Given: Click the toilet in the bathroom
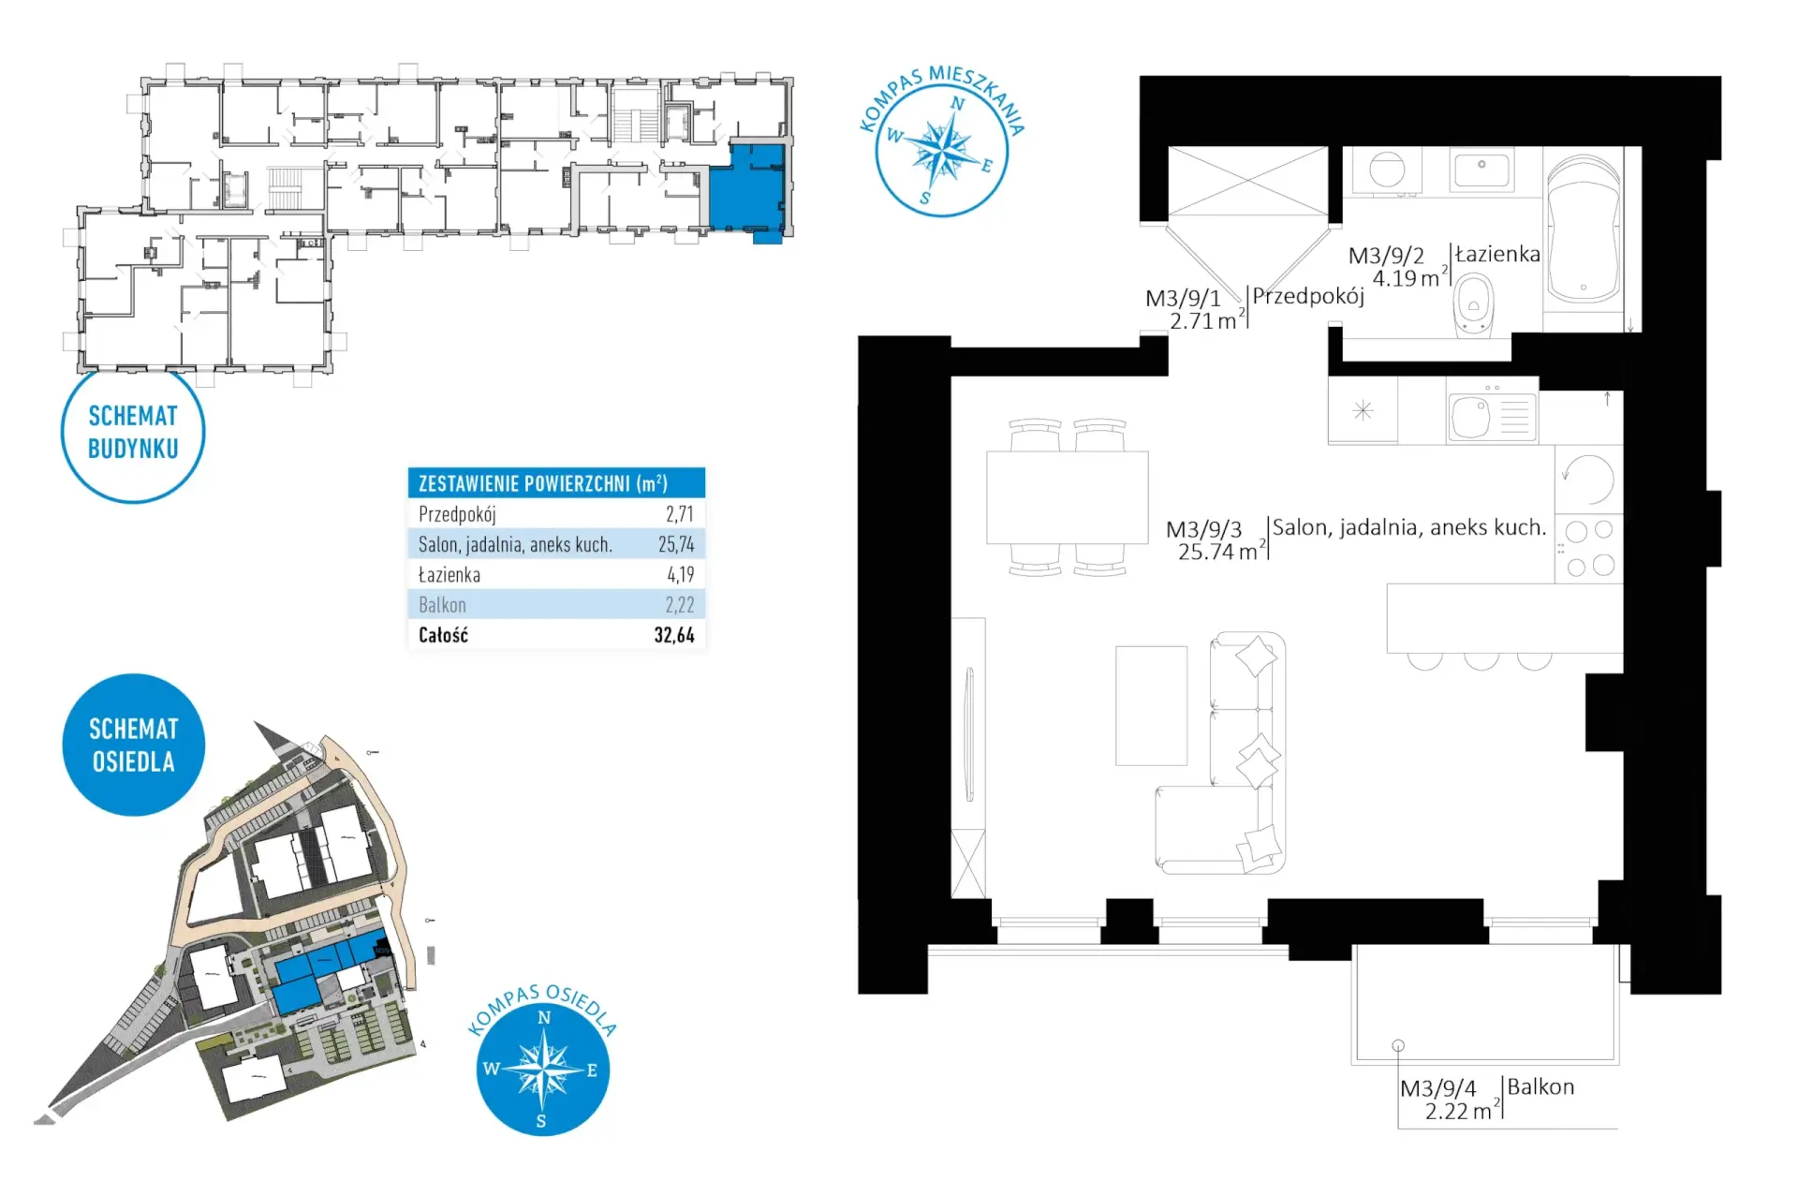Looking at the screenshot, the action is pyautogui.click(x=1473, y=304).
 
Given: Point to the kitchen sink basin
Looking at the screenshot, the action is pyautogui.click(x=1469, y=417).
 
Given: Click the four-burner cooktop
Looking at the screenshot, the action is pyautogui.click(x=1589, y=548).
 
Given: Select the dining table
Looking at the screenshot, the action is pyautogui.click(x=1067, y=497).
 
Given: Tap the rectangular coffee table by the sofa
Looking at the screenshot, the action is pyautogui.click(x=1151, y=705).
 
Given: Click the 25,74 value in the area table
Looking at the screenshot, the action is pyautogui.click(x=676, y=544).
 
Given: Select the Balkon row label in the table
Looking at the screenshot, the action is pyautogui.click(x=442, y=605).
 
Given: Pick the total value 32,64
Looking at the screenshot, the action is pyautogui.click(x=674, y=635).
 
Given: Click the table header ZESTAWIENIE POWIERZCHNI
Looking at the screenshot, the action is pyautogui.click(x=543, y=483).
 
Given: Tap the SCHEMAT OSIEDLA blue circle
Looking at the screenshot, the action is pyautogui.click(x=133, y=745).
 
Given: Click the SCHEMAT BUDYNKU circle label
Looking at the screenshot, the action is pyautogui.click(x=133, y=432).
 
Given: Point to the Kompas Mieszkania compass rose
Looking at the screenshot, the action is pyautogui.click(x=941, y=150).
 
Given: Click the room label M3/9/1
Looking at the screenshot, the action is pyautogui.click(x=1183, y=298).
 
